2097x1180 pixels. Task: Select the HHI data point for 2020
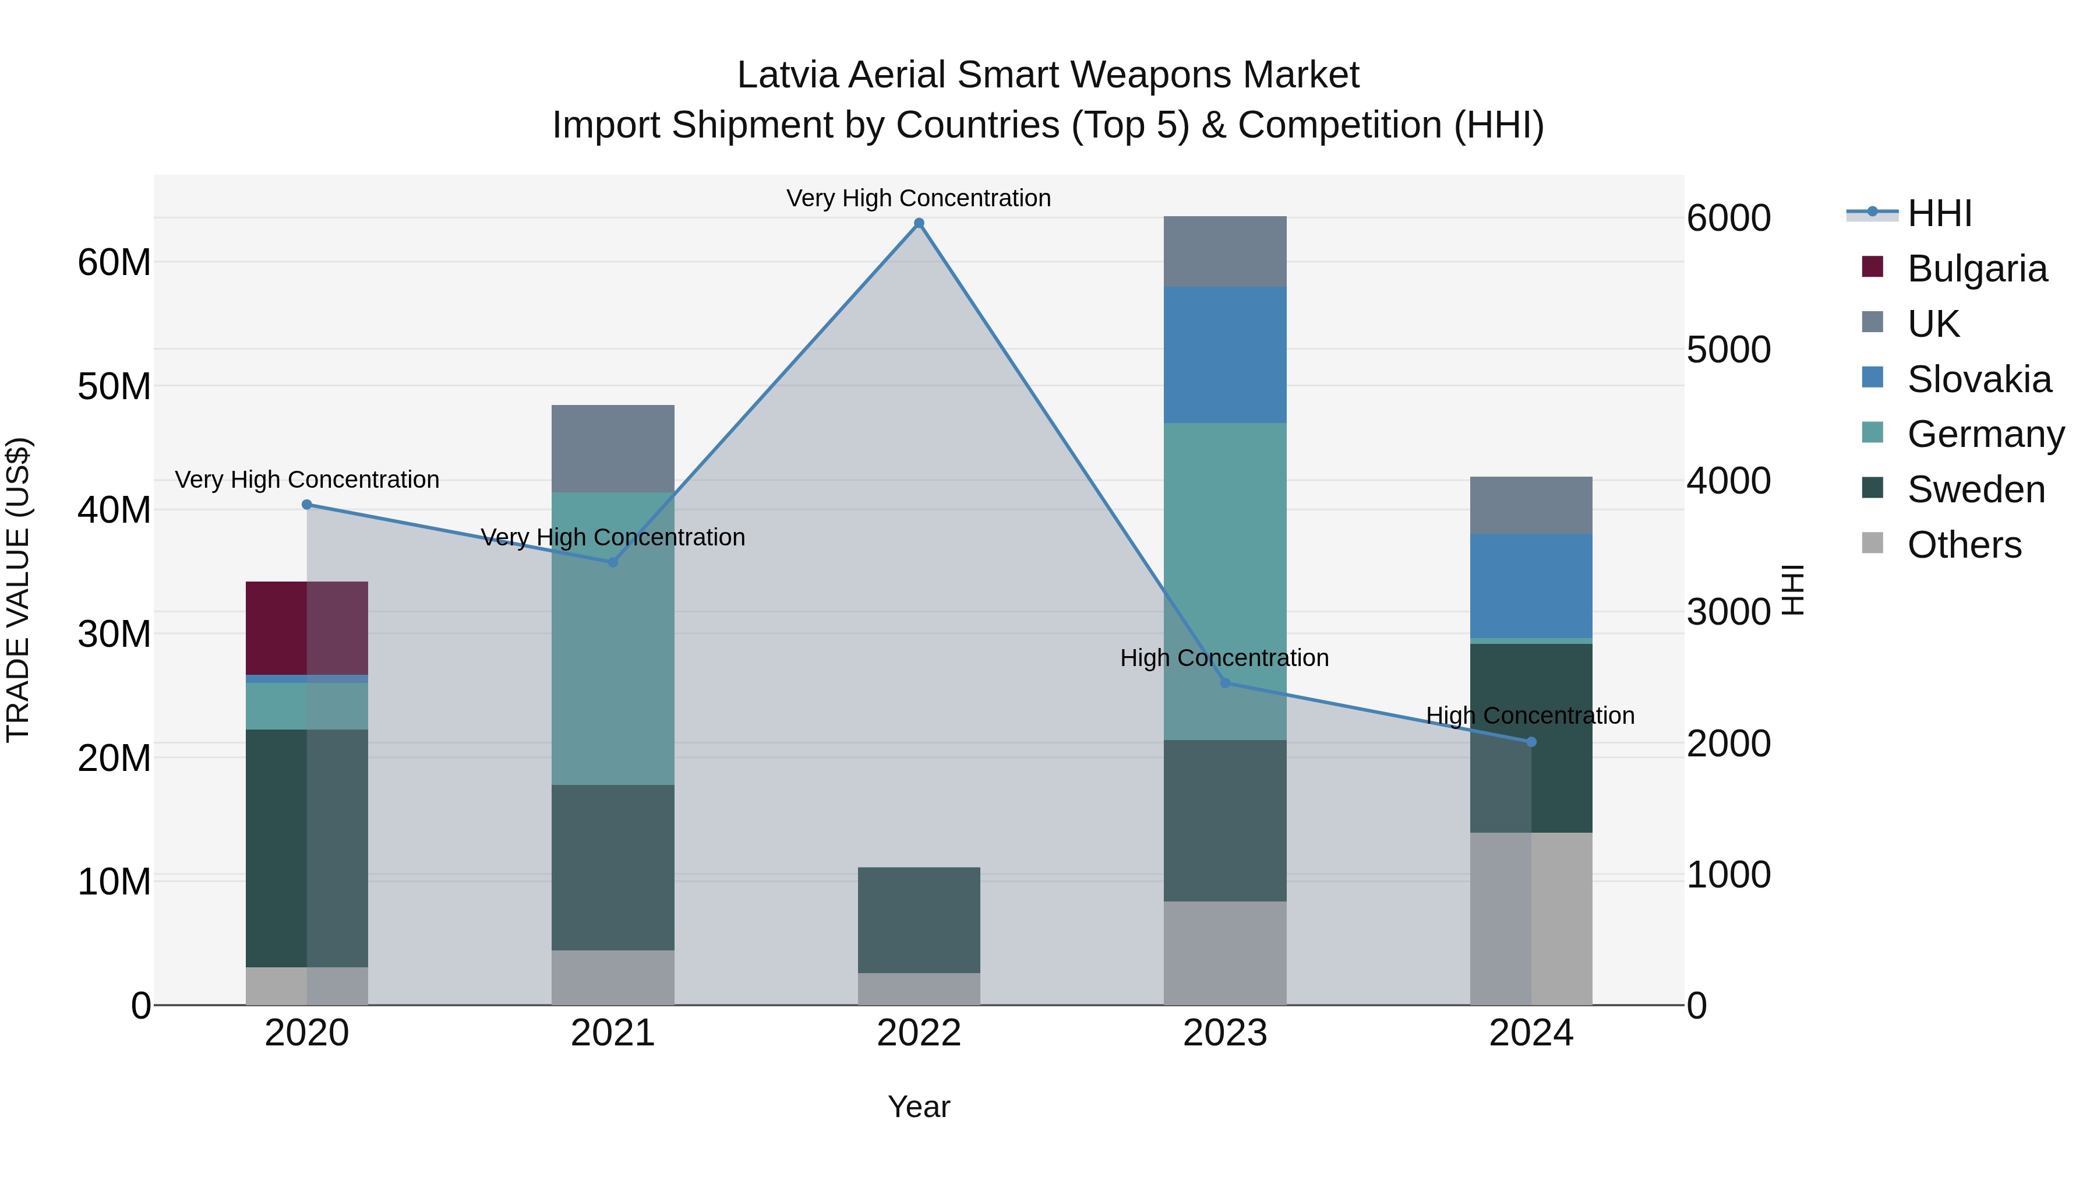tap(307, 505)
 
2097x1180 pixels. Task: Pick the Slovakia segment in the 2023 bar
tap(1224, 354)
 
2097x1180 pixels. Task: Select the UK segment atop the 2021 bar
tap(612, 448)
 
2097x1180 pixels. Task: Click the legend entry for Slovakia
tap(1978, 379)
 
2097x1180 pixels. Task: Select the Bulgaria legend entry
tap(1976, 269)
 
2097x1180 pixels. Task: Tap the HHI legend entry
tap(1939, 213)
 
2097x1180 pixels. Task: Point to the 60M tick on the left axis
tap(114, 262)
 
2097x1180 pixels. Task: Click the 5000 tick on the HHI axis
tap(1728, 350)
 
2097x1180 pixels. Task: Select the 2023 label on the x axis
tap(1224, 1033)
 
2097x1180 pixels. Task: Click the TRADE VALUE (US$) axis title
tap(18, 590)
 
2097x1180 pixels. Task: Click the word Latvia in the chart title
tap(789, 75)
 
